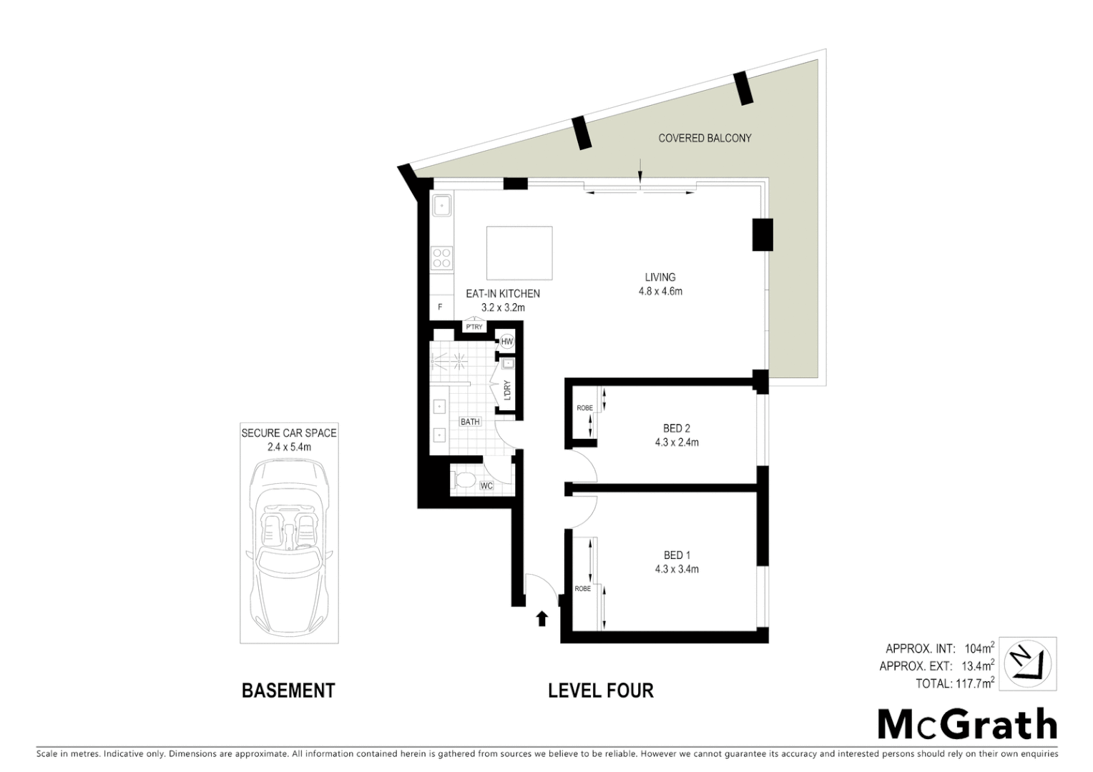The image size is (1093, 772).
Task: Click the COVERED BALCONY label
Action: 705,138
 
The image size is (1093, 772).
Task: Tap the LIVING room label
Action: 660,277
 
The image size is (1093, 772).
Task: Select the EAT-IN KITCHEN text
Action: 503,294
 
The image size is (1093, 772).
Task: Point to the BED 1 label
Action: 677,555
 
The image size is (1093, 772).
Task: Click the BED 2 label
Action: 677,428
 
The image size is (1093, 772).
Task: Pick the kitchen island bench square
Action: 519,253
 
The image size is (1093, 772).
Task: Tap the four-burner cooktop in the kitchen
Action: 441,257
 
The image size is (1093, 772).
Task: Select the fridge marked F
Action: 440,307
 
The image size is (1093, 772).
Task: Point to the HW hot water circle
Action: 507,342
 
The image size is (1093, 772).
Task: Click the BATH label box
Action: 470,422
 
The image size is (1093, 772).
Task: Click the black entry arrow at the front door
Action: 542,618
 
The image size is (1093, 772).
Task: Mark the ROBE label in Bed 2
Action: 584,408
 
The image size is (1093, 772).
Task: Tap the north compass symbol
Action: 1029,663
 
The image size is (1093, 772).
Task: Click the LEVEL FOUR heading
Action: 600,691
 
